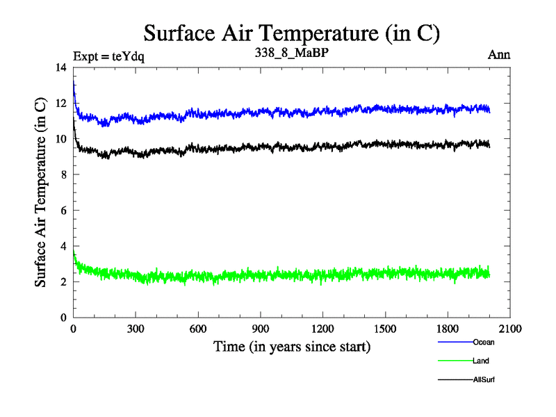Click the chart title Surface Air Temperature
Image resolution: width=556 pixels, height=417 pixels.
292,33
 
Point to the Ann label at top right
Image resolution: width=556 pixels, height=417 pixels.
499,56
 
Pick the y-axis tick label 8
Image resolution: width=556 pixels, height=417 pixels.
65,174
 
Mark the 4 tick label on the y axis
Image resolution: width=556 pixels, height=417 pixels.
65,246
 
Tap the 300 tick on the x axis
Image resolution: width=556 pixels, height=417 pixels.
136,329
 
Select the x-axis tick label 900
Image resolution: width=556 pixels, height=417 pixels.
261,329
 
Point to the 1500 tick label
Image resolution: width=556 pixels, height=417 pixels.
385,329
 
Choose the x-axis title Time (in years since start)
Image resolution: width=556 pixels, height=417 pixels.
291,346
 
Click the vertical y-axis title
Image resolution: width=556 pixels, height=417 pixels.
41,193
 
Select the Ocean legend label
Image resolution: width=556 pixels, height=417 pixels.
484,342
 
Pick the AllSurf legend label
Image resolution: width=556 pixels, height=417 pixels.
484,379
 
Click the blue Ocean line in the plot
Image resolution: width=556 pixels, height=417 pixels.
292,111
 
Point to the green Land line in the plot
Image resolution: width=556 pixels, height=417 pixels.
292,275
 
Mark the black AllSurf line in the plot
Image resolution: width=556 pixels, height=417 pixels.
292,147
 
